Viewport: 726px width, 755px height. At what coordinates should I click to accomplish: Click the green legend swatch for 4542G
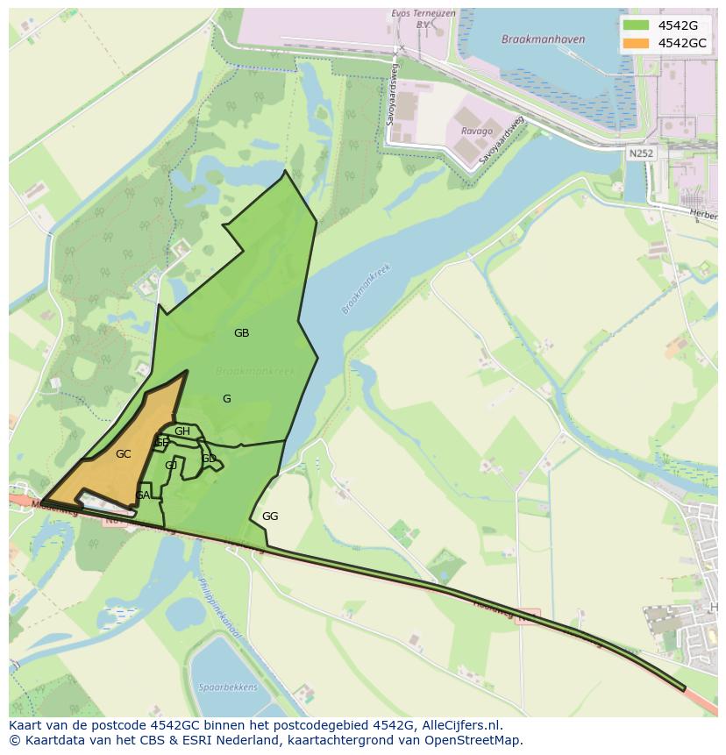[636, 25]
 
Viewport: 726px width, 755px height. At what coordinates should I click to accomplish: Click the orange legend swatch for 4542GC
[636, 43]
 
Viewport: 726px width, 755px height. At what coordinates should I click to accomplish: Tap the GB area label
[241, 333]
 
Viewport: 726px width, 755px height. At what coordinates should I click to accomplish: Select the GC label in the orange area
[123, 454]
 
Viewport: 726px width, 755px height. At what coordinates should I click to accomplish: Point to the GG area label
[270, 516]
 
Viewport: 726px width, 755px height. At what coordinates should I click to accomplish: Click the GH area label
[182, 431]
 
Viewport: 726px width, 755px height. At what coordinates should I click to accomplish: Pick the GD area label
[209, 459]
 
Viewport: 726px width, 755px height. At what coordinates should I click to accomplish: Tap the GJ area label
[171, 466]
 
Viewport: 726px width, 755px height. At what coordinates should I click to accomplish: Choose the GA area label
[142, 495]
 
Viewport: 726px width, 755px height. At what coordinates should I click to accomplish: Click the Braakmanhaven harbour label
[532, 39]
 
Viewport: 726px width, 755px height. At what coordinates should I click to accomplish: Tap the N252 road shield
[640, 153]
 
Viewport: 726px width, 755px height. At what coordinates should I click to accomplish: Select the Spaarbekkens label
[215, 687]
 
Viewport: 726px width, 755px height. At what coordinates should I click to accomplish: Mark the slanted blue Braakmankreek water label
[367, 288]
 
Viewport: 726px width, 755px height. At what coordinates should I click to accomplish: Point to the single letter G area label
[226, 399]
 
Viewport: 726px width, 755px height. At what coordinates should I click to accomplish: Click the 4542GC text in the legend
[682, 43]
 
